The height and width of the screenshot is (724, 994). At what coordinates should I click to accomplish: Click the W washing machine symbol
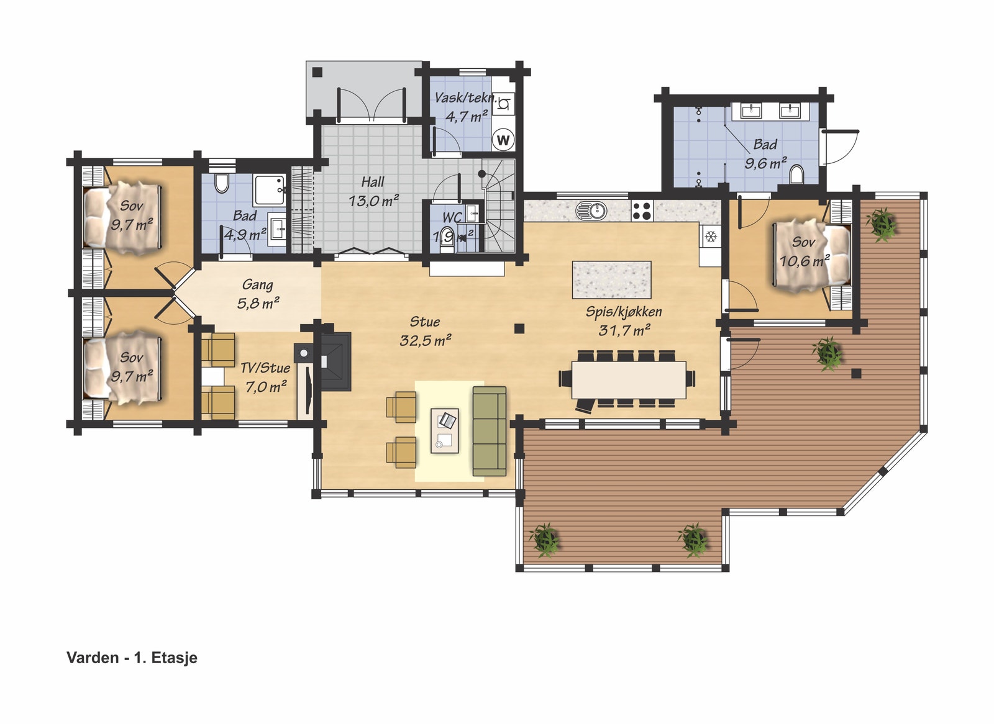pyautogui.click(x=503, y=140)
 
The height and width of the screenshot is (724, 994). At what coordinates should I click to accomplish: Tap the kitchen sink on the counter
pyautogui.click(x=591, y=210)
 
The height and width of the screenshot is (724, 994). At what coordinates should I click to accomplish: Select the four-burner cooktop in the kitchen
pyautogui.click(x=642, y=211)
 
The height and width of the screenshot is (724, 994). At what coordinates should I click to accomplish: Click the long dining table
pyautogui.click(x=629, y=379)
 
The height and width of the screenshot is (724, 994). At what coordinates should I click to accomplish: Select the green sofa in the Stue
pyautogui.click(x=490, y=431)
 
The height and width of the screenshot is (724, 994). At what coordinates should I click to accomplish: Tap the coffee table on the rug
pyautogui.click(x=445, y=430)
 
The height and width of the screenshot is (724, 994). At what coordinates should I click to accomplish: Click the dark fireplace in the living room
pyautogui.click(x=335, y=361)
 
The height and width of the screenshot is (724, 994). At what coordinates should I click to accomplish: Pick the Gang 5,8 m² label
pyautogui.click(x=258, y=294)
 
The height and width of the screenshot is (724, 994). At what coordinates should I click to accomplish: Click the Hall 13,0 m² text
pyautogui.click(x=373, y=191)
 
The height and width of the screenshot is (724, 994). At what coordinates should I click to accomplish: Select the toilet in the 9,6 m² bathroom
pyautogui.click(x=796, y=174)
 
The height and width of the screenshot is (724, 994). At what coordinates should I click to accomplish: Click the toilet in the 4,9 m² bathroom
pyautogui.click(x=222, y=183)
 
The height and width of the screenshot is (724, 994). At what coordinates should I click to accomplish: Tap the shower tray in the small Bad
pyautogui.click(x=270, y=190)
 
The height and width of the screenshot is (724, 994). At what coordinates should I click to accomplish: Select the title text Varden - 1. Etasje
pyautogui.click(x=132, y=658)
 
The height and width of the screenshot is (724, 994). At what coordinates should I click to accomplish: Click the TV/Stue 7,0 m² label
pyautogui.click(x=265, y=377)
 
